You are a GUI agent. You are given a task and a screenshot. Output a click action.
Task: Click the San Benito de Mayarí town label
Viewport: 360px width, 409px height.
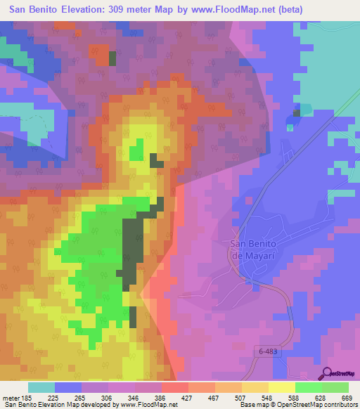(256, 249)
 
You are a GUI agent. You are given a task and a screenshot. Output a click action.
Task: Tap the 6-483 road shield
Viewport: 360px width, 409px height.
(268, 349)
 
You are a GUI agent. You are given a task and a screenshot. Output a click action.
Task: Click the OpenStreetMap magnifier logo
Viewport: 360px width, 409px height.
(328, 373)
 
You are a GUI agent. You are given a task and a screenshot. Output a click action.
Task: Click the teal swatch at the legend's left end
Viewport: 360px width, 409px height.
(41, 387)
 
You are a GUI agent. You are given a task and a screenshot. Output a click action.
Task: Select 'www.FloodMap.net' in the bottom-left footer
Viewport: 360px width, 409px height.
(150, 405)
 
